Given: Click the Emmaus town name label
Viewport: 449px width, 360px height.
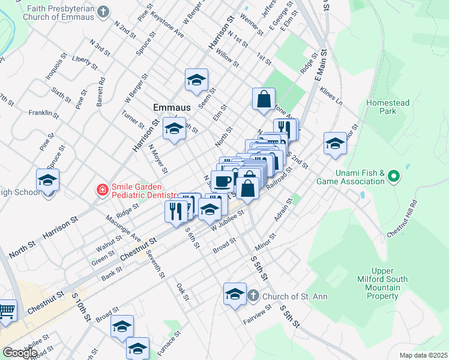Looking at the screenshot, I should tap(172, 107).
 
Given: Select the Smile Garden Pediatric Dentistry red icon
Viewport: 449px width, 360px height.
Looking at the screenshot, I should tap(102, 191).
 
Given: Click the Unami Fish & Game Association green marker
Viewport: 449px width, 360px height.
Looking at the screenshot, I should tap(393, 176).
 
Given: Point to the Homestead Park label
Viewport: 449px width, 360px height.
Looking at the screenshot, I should tap(388, 107).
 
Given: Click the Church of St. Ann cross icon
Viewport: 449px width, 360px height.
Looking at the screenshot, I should tap(253, 296).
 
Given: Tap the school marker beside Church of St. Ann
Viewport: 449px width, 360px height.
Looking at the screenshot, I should tap(235, 294).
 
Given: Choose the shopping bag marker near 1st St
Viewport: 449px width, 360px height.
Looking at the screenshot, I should tap(264, 99).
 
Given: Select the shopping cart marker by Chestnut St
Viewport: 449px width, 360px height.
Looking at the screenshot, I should tap(6, 311).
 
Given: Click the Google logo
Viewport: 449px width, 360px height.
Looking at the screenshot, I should tap(20, 353).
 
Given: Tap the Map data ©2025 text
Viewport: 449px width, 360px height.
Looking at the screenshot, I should tap(423, 355).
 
